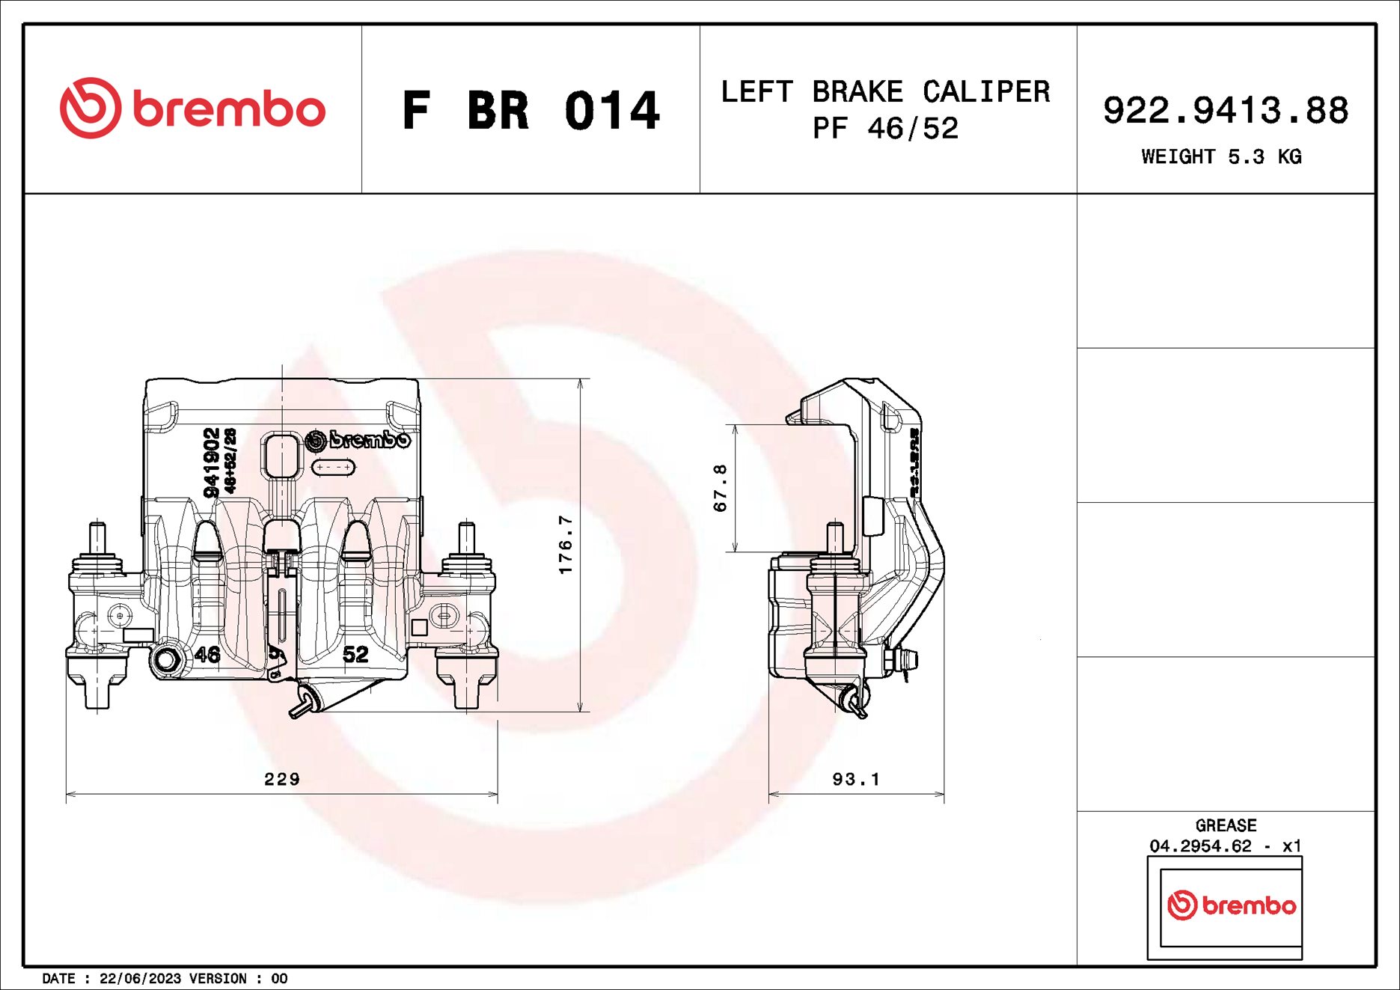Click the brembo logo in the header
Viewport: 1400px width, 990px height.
point(192,109)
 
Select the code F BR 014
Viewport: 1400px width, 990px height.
point(530,111)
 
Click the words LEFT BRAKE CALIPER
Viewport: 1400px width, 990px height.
point(885,92)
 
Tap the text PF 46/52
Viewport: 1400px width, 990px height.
point(885,129)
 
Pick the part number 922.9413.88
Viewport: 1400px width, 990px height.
point(1225,110)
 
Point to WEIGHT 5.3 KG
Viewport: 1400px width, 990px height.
point(1221,156)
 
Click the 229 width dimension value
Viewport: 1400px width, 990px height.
point(282,779)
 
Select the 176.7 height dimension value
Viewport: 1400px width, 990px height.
point(566,544)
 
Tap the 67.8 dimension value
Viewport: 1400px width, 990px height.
point(720,488)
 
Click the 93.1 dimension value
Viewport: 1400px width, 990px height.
point(856,779)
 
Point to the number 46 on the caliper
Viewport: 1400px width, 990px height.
point(207,655)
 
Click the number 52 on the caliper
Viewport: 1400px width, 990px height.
point(355,655)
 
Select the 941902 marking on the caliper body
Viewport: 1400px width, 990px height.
point(212,462)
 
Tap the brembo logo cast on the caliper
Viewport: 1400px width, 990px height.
point(358,439)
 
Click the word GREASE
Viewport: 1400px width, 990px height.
point(1226,825)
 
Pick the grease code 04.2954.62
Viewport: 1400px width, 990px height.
point(1200,846)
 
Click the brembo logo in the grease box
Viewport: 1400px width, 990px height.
point(1231,905)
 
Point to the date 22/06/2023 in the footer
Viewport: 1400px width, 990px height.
point(140,978)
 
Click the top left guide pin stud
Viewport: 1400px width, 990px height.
point(97,537)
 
